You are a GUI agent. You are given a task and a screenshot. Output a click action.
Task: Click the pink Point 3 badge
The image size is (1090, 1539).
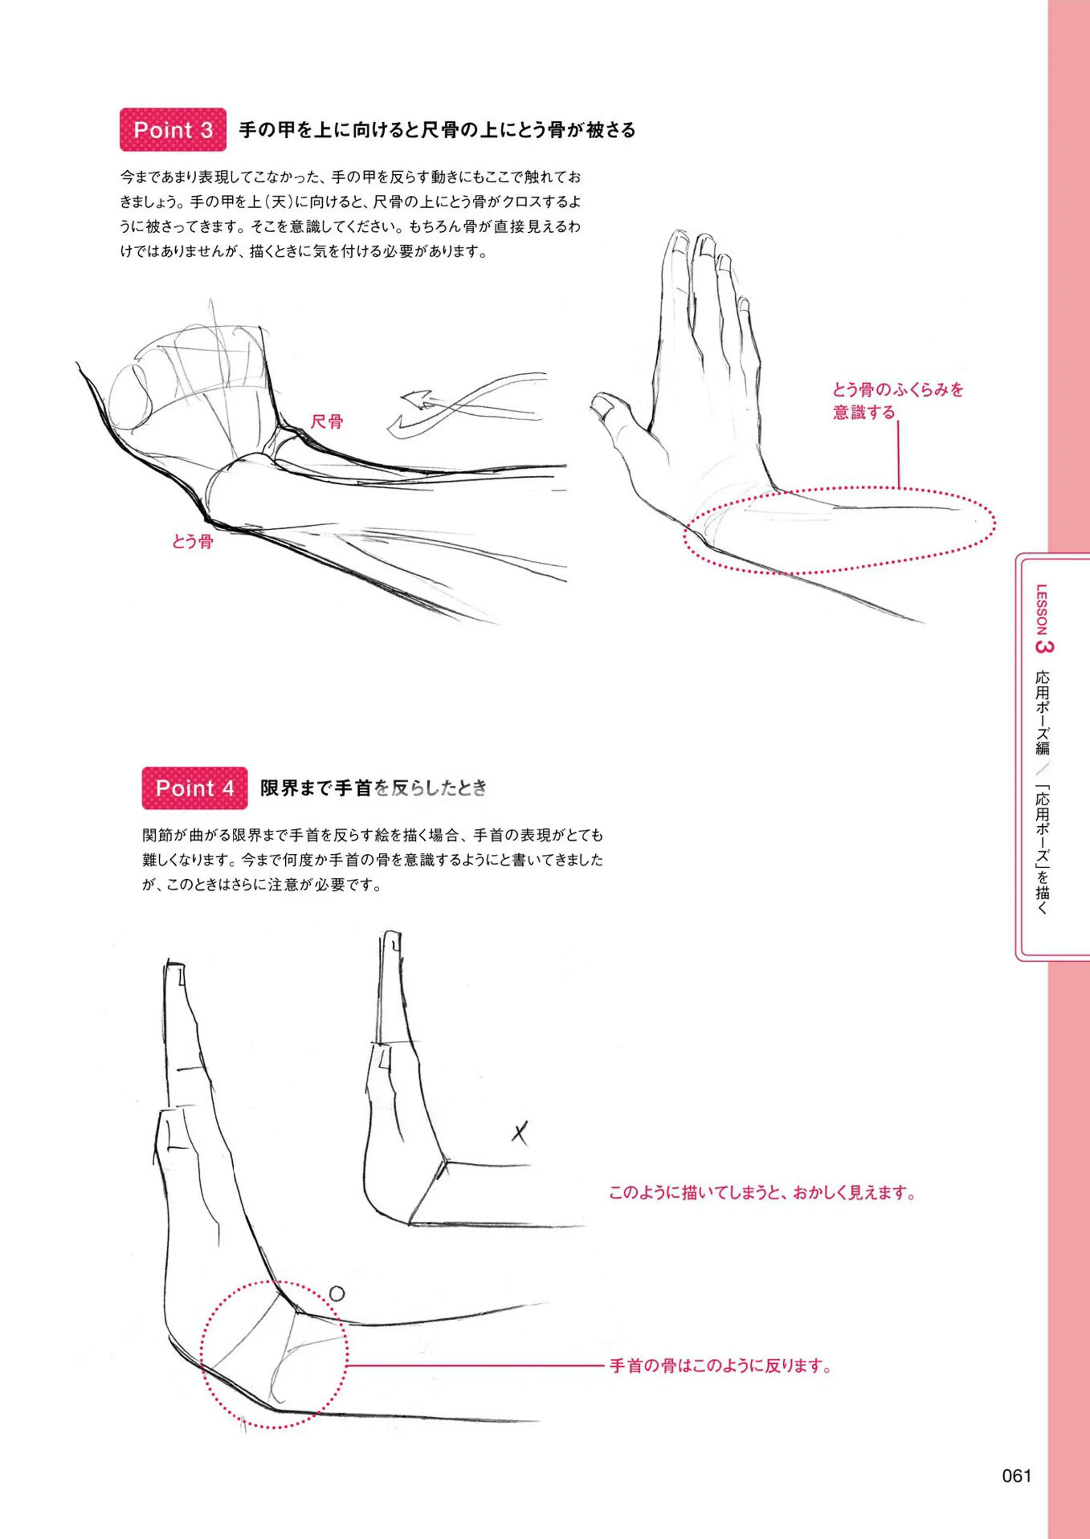click(x=173, y=130)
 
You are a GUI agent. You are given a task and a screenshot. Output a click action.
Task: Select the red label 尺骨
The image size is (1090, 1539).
click(x=327, y=421)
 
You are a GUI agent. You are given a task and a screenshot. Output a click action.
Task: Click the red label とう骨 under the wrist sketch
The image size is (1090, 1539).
click(x=192, y=542)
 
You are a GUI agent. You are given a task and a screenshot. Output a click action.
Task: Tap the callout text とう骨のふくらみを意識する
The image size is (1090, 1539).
click(x=898, y=401)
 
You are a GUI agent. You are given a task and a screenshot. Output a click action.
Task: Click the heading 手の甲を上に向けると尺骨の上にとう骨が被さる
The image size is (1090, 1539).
click(x=437, y=130)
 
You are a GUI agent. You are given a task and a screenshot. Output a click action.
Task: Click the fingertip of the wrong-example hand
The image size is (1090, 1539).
click(x=392, y=934)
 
